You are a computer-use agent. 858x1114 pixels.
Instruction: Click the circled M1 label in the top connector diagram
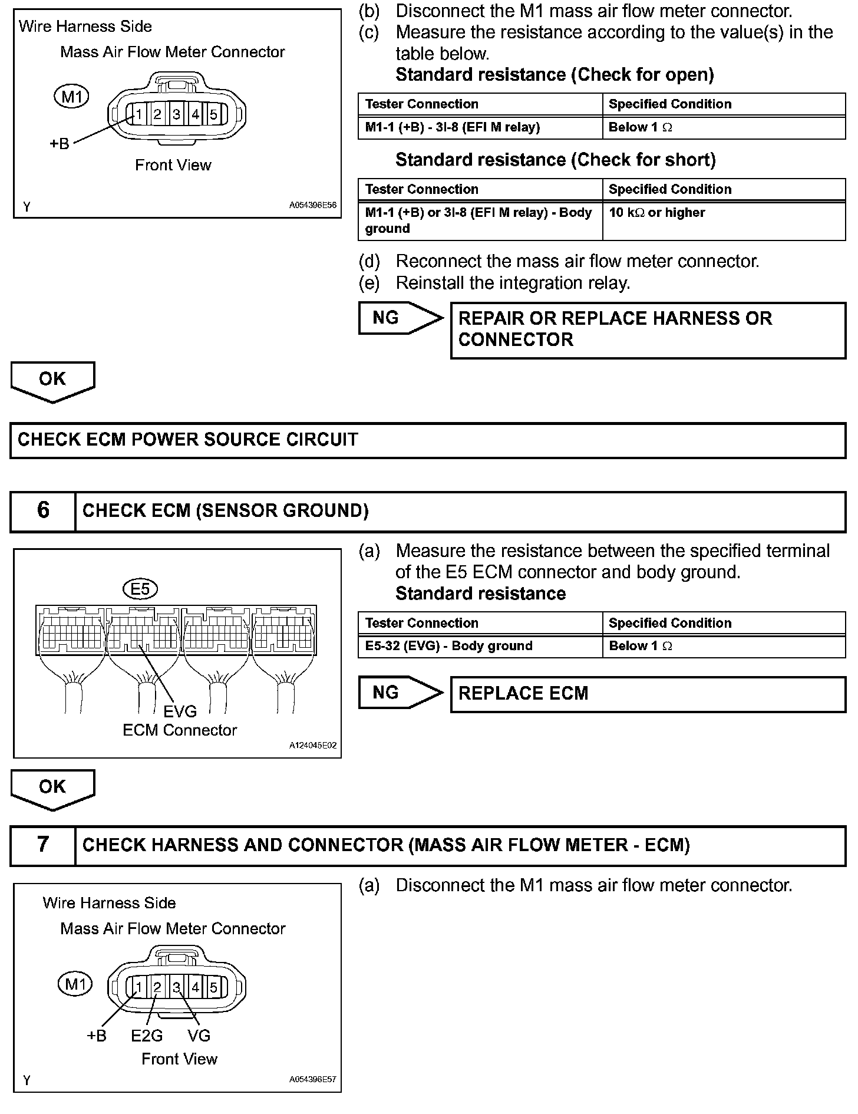[x=71, y=96]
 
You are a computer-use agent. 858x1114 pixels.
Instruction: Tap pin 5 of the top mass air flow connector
[x=213, y=114]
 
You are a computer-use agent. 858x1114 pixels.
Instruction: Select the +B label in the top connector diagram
[x=59, y=144]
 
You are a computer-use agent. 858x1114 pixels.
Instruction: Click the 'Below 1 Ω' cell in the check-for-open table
[x=724, y=127]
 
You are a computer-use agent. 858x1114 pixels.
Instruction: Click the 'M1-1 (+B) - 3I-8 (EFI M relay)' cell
[x=480, y=127]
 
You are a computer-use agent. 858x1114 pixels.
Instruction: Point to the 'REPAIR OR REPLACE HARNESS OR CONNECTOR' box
[x=648, y=329]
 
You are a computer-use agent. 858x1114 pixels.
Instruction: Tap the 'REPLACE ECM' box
[x=648, y=694]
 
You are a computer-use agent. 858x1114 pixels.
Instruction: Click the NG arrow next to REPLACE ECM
[x=400, y=693]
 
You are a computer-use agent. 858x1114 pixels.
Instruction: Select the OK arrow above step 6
[x=52, y=381]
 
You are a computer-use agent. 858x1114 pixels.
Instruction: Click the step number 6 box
[x=43, y=510]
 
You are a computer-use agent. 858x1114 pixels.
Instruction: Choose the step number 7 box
[x=43, y=845]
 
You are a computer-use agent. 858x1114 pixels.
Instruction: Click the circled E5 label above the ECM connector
[x=140, y=588]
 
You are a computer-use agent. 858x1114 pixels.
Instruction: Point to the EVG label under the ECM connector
[x=180, y=712]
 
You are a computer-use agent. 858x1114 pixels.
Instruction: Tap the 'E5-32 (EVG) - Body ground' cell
[x=480, y=646]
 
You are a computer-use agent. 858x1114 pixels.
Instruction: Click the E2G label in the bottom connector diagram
[x=147, y=1036]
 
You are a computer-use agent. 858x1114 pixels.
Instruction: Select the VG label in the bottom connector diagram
[x=199, y=1036]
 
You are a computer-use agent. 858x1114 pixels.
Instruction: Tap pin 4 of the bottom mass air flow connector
[x=196, y=987]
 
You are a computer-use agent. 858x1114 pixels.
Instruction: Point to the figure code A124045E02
[x=312, y=746]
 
